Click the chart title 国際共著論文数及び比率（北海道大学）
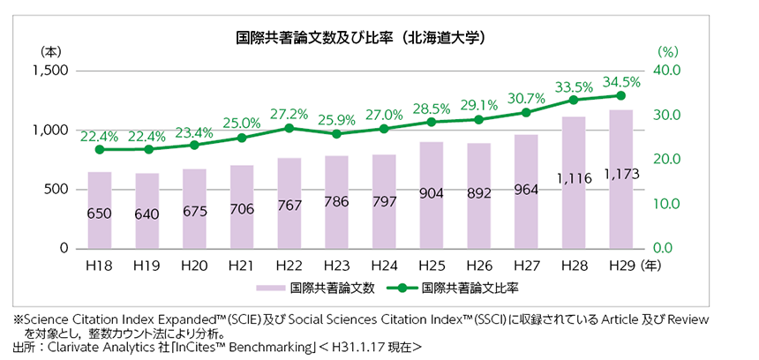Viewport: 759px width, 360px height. tap(362, 39)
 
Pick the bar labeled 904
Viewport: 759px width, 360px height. tap(432, 195)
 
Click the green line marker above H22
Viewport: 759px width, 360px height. tap(289, 128)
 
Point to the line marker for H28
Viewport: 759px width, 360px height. tap(574, 100)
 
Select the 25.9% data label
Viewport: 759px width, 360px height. tap(336, 118)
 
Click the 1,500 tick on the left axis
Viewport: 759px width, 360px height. tap(51, 71)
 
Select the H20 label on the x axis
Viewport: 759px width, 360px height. tap(193, 264)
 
